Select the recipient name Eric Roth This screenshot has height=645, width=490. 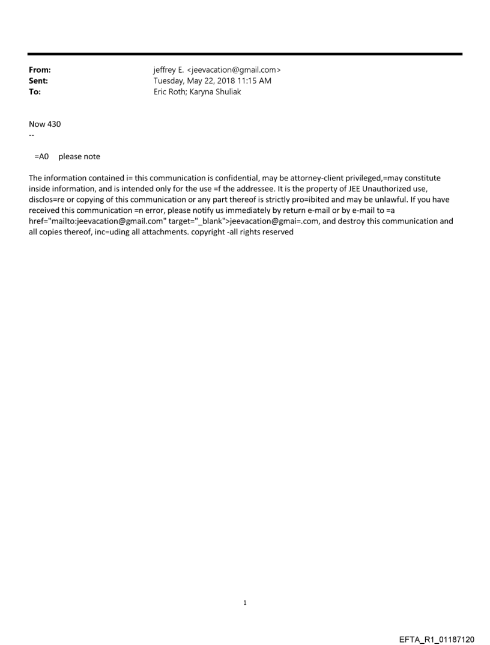pos(172,92)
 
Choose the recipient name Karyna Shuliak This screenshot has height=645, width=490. pos(217,92)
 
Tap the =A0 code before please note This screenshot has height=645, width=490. pos(41,157)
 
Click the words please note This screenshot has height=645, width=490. pos(79,157)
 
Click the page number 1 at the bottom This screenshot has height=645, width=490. pos(245,586)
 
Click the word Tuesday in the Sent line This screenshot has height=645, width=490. pos(171,81)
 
